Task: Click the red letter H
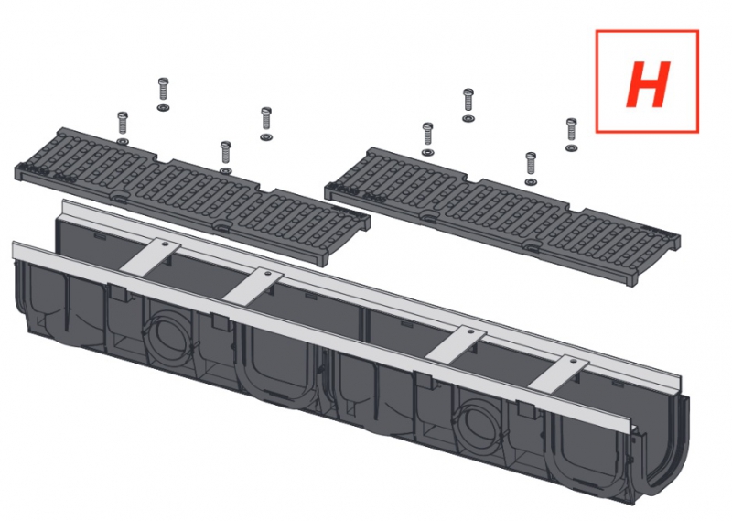coord(648,84)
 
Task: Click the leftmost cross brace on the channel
coord(150,258)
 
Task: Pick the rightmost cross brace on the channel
coord(559,374)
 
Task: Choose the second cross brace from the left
coord(253,285)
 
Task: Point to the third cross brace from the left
coord(456,345)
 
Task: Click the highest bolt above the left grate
coord(163,89)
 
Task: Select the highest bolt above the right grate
coord(468,99)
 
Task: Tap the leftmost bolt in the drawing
coord(123,123)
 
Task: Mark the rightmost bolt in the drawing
coord(571,129)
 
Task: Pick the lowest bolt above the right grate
coord(531,163)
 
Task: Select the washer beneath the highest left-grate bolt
coord(163,108)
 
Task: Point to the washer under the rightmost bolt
coord(571,147)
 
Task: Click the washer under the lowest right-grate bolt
coord(531,181)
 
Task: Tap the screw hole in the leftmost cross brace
coord(165,244)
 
